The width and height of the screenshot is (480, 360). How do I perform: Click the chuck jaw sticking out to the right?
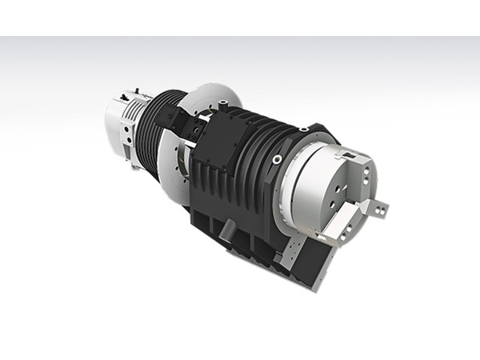pos(376,209)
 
